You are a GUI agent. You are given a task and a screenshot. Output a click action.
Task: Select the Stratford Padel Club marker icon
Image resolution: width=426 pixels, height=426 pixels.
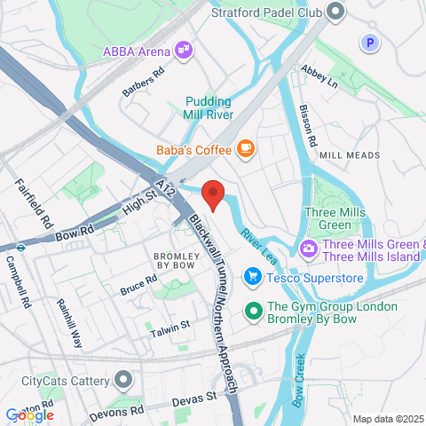click(335, 12)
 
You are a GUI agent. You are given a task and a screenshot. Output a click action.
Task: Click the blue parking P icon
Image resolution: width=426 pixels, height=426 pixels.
click(368, 42)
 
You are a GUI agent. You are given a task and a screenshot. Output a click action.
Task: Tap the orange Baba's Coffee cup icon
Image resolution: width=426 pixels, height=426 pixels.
click(246, 148)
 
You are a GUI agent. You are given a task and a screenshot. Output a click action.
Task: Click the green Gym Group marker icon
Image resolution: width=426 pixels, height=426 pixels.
click(252, 311)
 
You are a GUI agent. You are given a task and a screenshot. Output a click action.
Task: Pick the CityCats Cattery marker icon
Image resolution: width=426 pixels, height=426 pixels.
click(122, 381)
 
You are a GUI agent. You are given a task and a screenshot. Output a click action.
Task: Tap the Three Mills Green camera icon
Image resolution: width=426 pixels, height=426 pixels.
click(309, 246)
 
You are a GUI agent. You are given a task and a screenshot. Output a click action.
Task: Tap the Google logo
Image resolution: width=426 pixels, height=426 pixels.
click(29, 414)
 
